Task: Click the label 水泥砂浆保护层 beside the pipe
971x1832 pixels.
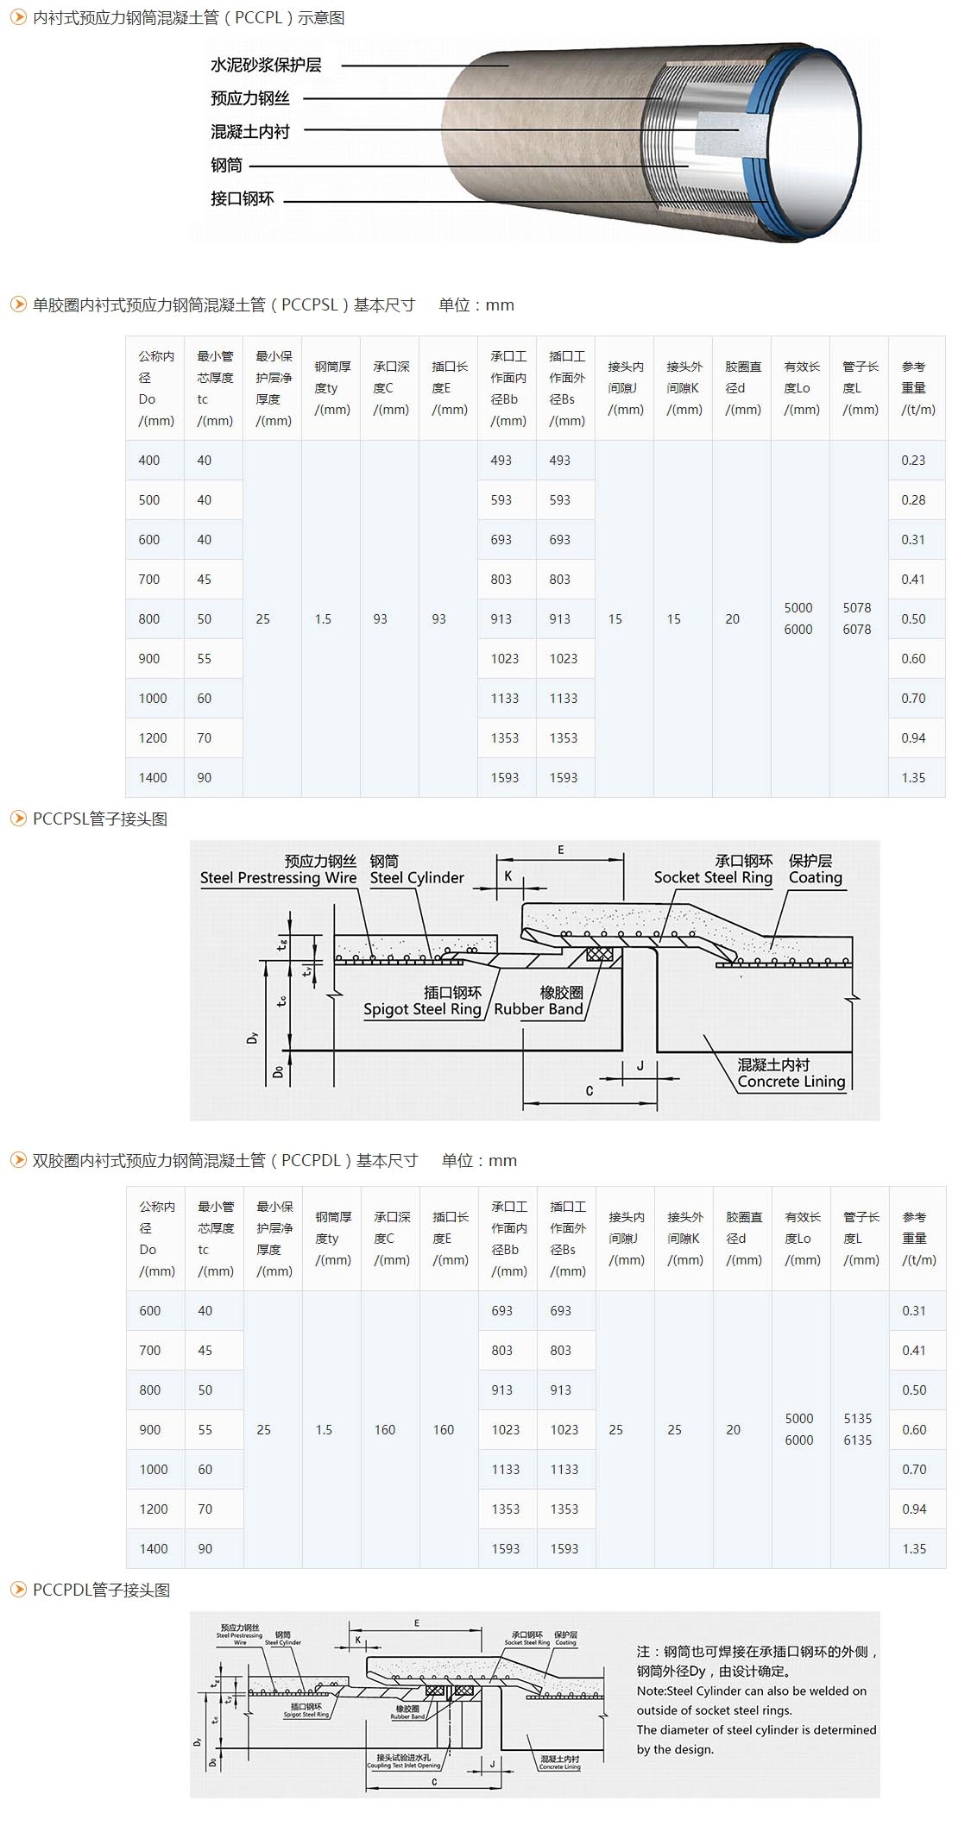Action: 266,66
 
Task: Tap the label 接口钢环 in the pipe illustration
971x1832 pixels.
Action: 243,199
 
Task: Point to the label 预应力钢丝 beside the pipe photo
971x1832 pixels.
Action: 250,98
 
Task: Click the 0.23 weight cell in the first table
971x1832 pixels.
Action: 913,461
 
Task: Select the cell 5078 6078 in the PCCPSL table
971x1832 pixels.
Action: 857,618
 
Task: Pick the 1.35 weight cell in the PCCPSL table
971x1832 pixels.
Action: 913,778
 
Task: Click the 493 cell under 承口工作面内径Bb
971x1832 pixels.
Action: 501,461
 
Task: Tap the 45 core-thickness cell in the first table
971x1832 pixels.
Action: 205,580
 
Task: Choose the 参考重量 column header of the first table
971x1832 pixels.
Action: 914,388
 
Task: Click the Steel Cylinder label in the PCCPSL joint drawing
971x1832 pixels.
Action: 417,878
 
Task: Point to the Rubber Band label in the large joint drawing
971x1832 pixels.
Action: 539,1009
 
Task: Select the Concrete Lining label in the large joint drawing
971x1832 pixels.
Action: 791,1082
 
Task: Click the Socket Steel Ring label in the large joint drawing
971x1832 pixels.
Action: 713,877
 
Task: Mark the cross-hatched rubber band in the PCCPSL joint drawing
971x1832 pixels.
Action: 599,955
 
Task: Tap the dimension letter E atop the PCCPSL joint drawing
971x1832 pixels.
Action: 561,850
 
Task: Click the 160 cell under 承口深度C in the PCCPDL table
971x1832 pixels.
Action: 385,1430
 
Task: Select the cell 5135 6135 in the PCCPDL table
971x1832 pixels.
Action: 858,1429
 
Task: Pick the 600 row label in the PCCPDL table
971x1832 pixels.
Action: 150,1311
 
